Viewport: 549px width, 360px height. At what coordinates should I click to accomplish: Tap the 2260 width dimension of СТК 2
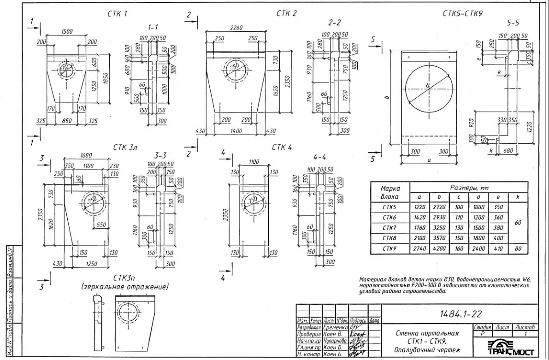[236, 27]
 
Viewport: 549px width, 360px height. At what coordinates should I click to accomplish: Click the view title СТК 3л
[125, 148]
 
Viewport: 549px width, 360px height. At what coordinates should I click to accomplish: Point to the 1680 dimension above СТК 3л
[86, 155]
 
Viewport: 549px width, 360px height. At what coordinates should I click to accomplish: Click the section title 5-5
[512, 24]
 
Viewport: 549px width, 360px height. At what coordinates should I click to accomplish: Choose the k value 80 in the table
[518, 248]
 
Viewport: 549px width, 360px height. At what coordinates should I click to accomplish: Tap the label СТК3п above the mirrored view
[124, 278]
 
